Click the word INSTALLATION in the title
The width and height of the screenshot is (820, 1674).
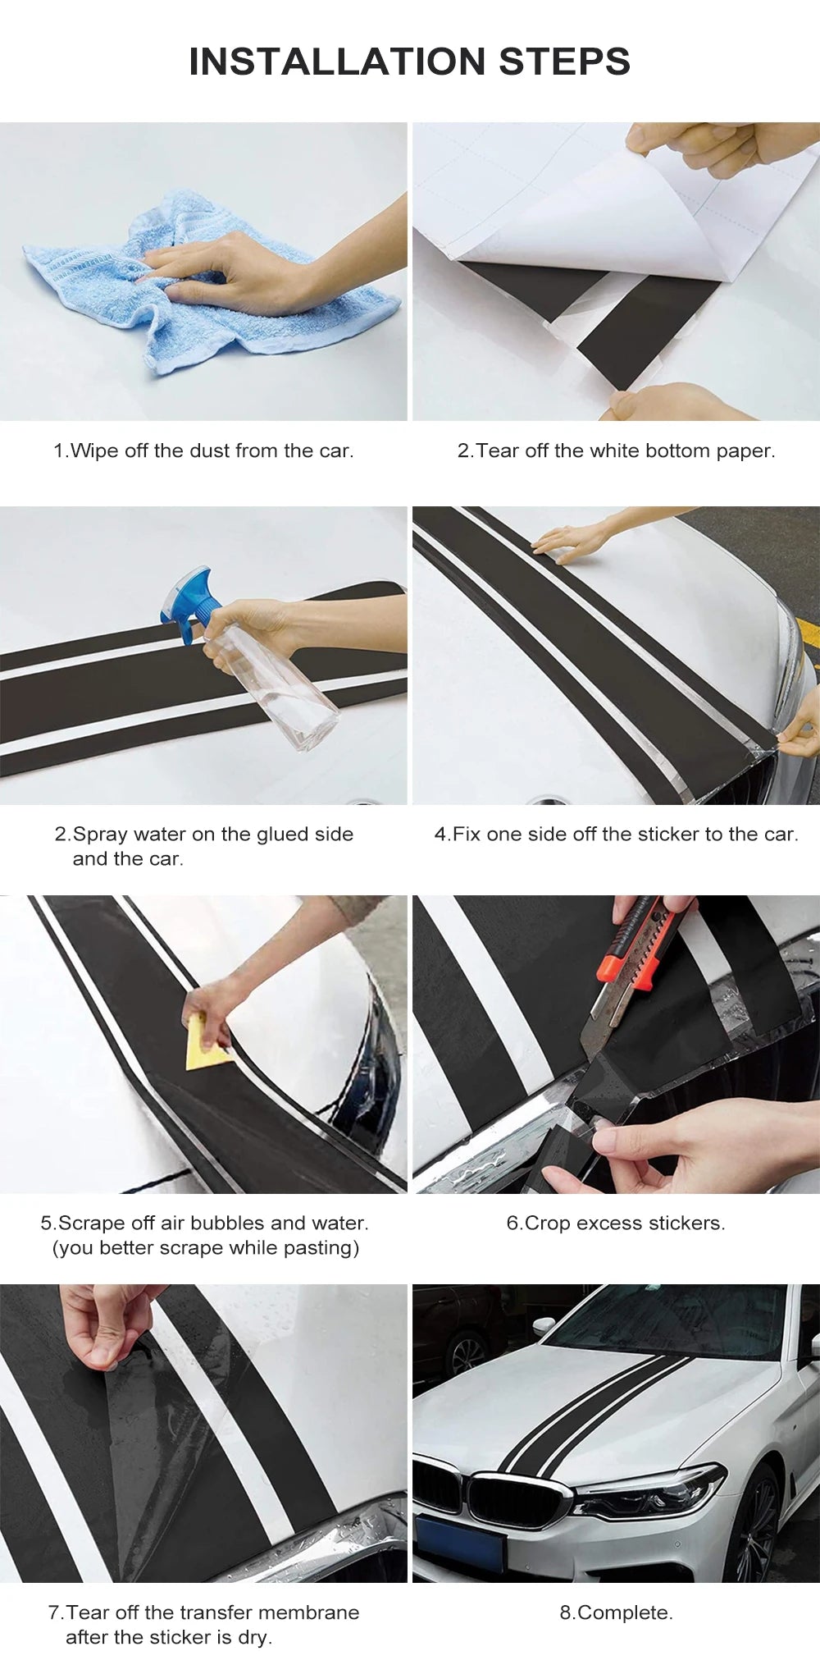[x=338, y=62]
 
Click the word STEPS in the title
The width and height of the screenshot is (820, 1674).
[x=564, y=62]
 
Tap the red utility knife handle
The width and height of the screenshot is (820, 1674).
[x=648, y=944]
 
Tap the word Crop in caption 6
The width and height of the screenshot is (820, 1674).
[x=548, y=1223]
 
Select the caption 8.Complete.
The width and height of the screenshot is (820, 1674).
[x=616, y=1612]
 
